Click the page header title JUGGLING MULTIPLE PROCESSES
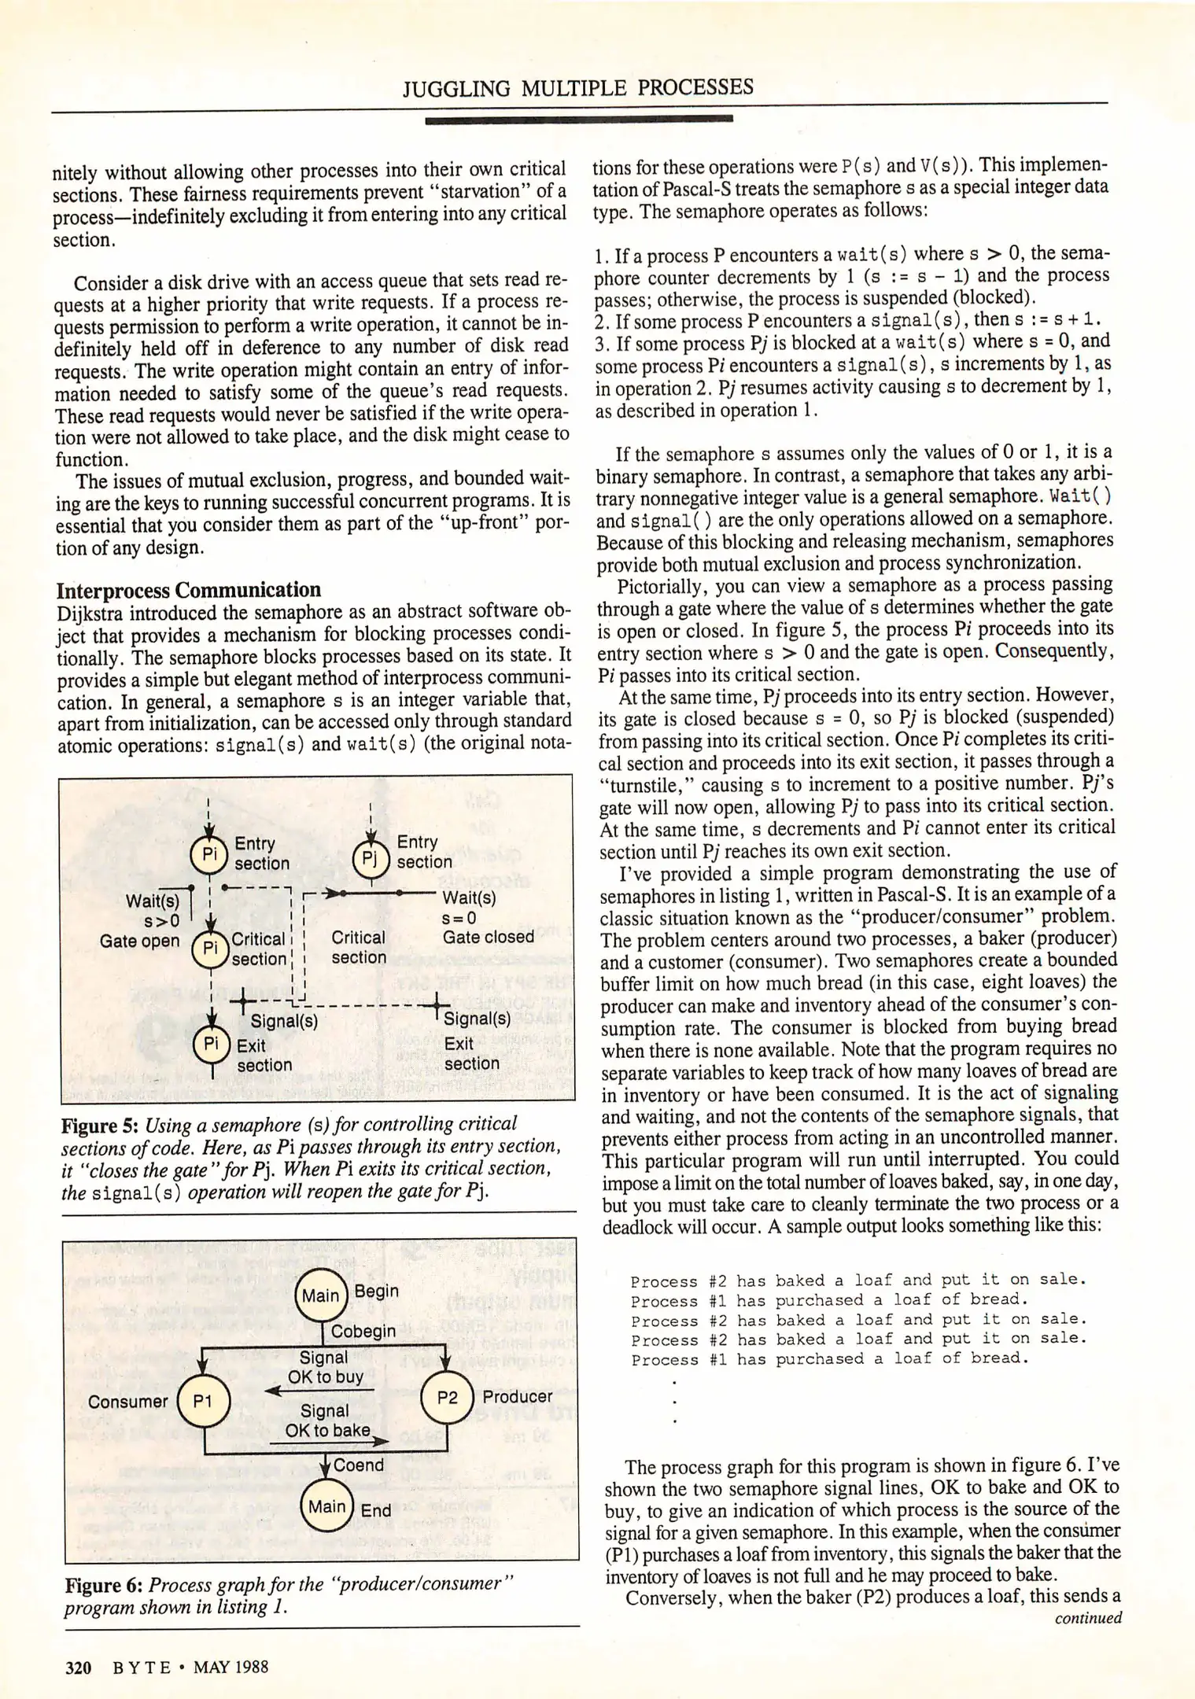(578, 87)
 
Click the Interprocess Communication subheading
(189, 590)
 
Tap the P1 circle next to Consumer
(203, 1401)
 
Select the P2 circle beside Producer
(447, 1398)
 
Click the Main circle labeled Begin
(321, 1295)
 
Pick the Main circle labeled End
(326, 1506)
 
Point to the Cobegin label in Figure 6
(363, 1332)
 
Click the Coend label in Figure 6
(359, 1465)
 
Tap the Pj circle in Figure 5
(371, 858)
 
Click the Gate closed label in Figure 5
(488, 937)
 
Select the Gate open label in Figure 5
(139, 941)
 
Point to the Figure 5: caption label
(100, 1126)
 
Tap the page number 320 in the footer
(78, 1668)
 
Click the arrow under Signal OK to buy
(319, 1391)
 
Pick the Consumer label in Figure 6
(127, 1402)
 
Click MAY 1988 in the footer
(231, 1667)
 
